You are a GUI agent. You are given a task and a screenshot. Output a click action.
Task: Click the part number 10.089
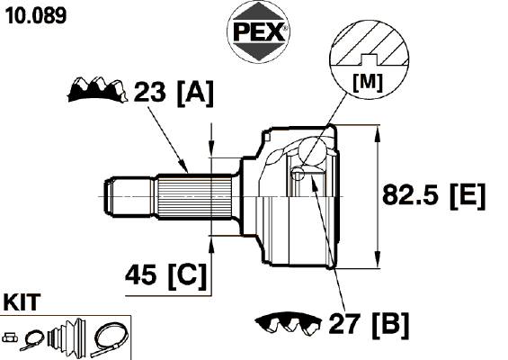[36, 15]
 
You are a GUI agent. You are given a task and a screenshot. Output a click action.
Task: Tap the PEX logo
[259, 31]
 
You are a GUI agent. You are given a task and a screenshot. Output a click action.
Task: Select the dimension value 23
[149, 92]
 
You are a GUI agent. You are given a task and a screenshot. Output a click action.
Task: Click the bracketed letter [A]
[195, 94]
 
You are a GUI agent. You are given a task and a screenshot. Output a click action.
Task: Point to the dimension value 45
[140, 275]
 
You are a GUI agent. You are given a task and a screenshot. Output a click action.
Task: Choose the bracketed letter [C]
[187, 276]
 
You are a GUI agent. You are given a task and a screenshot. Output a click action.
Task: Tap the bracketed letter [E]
[468, 196]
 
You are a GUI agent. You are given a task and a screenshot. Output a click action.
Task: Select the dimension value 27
[344, 324]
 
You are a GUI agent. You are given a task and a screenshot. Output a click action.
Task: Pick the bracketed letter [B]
[391, 325]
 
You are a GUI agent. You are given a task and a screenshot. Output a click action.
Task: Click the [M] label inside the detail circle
[368, 83]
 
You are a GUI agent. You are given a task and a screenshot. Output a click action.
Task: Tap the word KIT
[22, 302]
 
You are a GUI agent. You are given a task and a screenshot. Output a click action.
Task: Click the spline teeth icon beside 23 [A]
[96, 89]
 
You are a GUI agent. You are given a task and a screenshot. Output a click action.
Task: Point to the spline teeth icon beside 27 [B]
[288, 323]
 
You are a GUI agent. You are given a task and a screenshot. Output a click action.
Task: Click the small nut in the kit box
[10, 337]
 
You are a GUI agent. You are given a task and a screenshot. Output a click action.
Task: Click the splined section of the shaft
[194, 196]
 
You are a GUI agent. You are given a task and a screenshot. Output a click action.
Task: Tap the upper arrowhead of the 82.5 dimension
[377, 135]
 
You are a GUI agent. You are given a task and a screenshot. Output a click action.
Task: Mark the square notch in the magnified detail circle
[369, 59]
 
